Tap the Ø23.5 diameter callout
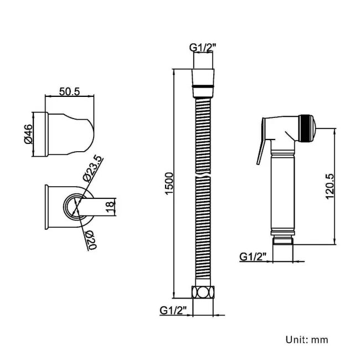[92, 169]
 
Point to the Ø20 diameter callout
[91, 240]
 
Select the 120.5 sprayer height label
[330, 186]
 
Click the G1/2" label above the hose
[203, 48]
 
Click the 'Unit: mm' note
[311, 339]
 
